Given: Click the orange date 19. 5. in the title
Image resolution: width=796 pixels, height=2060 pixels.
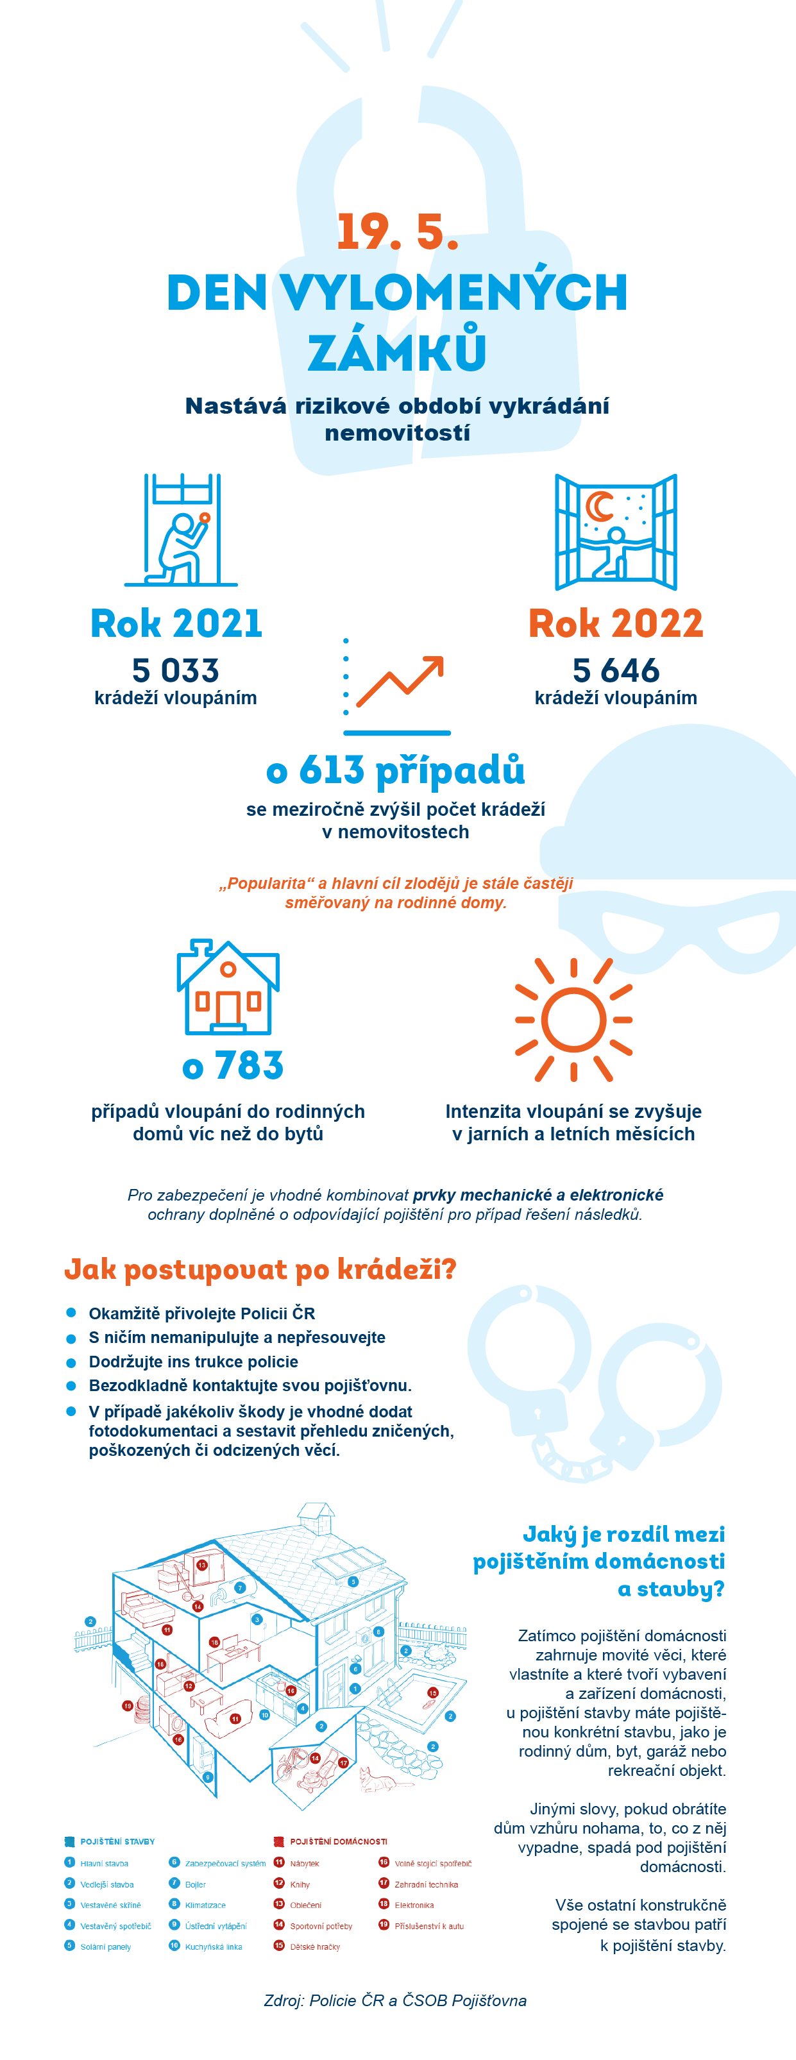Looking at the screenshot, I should click(x=397, y=232).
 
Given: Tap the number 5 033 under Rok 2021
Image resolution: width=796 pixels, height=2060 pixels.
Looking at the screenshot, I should click(x=175, y=670).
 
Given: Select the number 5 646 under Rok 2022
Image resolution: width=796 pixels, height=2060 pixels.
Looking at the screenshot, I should click(x=615, y=670).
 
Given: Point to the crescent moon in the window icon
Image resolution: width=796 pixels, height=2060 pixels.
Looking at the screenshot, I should click(x=598, y=506).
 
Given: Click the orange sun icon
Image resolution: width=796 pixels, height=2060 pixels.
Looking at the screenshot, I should click(x=573, y=1020).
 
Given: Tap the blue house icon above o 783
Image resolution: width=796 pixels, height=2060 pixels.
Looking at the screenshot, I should click(x=228, y=987).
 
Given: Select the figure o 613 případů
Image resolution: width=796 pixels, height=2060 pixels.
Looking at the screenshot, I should click(x=395, y=770).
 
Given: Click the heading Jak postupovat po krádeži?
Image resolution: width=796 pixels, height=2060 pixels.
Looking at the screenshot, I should click(x=260, y=1269).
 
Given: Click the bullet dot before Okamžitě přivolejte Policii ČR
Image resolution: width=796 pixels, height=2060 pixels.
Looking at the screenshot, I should click(x=71, y=1312).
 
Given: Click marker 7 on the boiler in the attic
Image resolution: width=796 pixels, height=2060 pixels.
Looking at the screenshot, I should click(x=240, y=1587).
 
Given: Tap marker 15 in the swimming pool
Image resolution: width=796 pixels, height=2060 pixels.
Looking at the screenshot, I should click(x=433, y=1693).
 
